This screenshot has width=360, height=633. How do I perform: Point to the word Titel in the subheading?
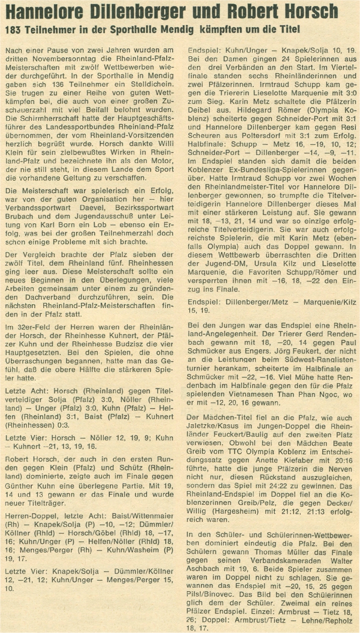tap(287, 30)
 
